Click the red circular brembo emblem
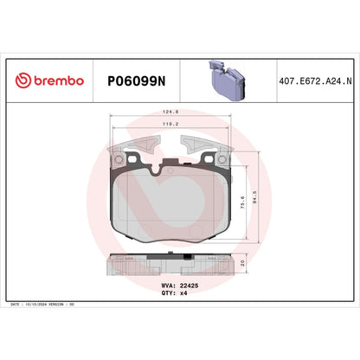(25, 80)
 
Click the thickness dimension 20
(243, 263)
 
